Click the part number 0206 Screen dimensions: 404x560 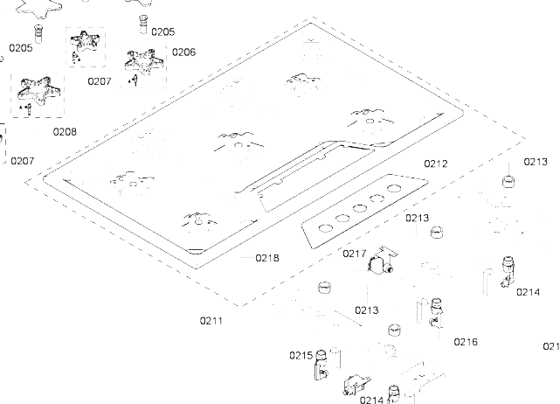point(183,52)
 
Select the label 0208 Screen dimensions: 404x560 point(64,132)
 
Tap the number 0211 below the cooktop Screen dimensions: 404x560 point(211,320)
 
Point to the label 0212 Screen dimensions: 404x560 point(435,164)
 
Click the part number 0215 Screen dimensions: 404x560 point(301,355)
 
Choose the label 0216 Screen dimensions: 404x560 point(466,341)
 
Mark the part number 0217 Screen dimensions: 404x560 point(354,254)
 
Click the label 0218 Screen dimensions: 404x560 point(267,257)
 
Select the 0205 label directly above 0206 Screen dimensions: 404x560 point(162,31)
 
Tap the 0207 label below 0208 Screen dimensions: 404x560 point(23,161)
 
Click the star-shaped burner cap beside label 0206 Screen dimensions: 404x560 point(139,60)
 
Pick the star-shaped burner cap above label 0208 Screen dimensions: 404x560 point(34,90)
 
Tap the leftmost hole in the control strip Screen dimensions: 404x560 point(323,226)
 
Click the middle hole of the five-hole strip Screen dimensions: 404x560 point(359,208)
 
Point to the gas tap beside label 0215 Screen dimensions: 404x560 point(324,362)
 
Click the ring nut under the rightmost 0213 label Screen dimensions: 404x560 point(505,181)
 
